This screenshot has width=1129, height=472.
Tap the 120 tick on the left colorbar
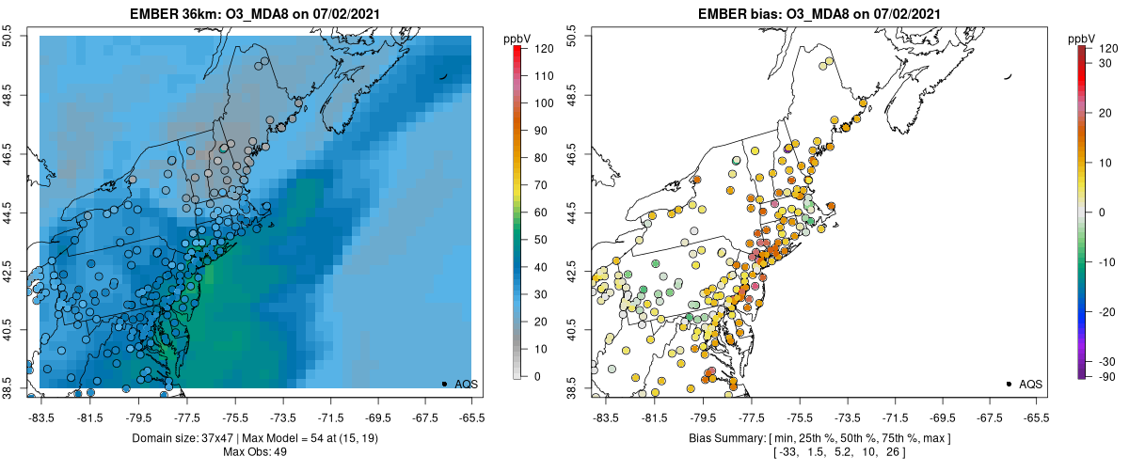543,47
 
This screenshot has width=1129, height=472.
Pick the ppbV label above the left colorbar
517,38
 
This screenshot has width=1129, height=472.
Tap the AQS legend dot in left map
444,384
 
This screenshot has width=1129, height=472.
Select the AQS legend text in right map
1030,384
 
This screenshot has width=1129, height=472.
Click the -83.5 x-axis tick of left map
41,417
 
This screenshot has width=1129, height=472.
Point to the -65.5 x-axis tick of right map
1035,417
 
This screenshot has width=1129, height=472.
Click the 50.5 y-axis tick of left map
10,36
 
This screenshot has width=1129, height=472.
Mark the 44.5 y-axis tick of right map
575,212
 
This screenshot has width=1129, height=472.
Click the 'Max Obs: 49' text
255,451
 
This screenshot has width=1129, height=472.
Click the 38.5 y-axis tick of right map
575,387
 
